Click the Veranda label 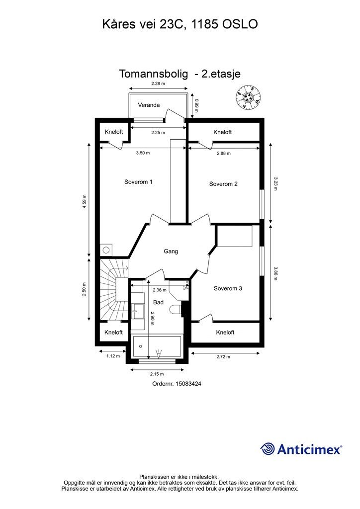tap(149, 105)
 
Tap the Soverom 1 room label tap(138, 182)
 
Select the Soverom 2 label tap(223, 184)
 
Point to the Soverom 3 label tap(228, 288)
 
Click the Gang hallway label tap(171, 251)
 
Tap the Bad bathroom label tap(159, 302)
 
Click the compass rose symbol tap(249, 97)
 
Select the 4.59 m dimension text tap(85, 202)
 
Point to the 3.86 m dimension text tap(275, 273)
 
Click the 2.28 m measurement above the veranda tap(158, 84)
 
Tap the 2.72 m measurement tap(223, 356)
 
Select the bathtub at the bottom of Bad tap(157, 347)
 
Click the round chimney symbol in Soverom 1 tap(106, 250)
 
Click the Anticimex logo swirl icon tap(268, 449)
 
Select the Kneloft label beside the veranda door tap(222, 132)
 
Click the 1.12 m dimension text tap(113, 356)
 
